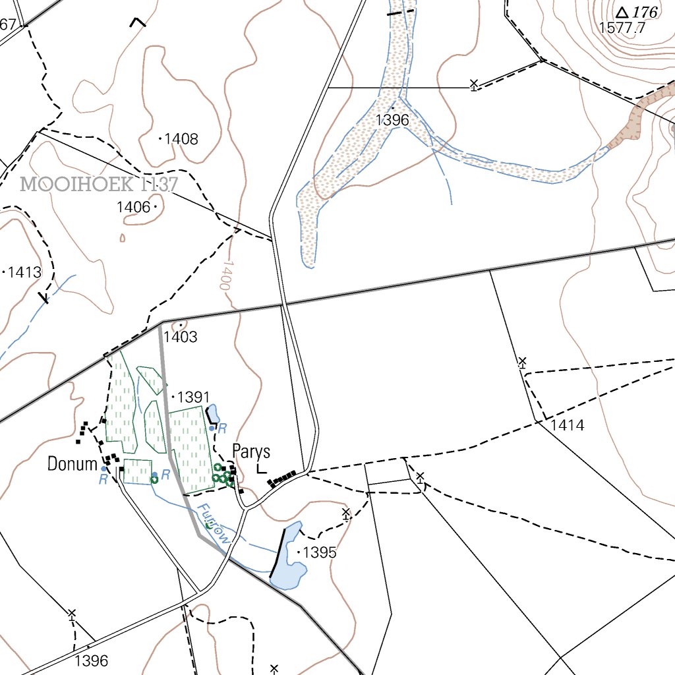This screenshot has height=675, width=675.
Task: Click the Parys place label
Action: (x=251, y=452)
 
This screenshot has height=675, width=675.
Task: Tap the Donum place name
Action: (x=72, y=464)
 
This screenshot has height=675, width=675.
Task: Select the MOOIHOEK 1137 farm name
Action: (x=99, y=184)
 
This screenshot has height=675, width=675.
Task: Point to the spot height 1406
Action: (x=133, y=207)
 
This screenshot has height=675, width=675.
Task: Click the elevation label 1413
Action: (x=24, y=272)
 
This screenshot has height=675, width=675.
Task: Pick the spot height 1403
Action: (x=181, y=337)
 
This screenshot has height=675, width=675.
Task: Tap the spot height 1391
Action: (x=192, y=397)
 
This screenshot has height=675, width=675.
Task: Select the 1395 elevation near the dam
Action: (x=319, y=552)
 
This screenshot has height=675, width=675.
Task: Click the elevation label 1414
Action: (x=568, y=425)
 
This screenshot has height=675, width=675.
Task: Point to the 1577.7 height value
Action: (x=622, y=28)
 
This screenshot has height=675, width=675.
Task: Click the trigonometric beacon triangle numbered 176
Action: (x=622, y=12)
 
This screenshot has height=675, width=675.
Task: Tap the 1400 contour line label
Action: (x=226, y=275)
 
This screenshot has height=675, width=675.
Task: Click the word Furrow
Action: (x=215, y=524)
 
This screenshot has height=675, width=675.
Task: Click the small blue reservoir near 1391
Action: (x=214, y=414)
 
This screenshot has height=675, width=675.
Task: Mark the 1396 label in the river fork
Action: (x=392, y=120)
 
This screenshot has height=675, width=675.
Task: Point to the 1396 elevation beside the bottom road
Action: (x=91, y=660)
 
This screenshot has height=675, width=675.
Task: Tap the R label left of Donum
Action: (x=103, y=479)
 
